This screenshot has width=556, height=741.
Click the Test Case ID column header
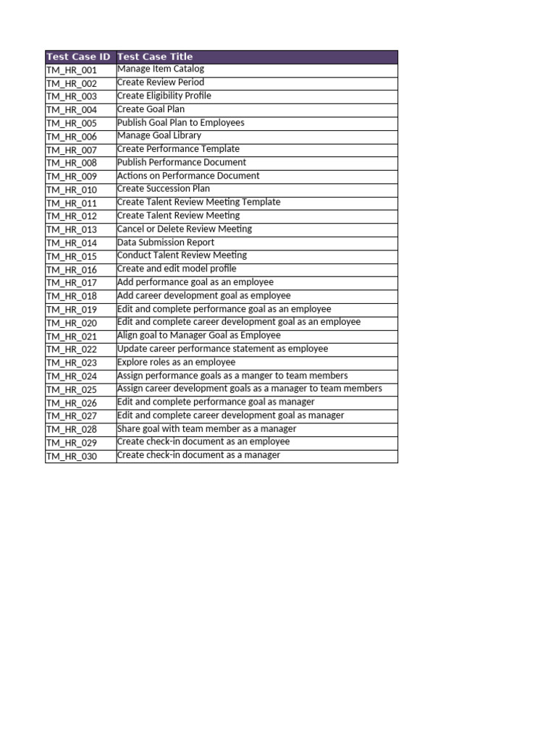click(x=78, y=56)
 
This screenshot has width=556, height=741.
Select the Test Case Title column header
click(x=155, y=56)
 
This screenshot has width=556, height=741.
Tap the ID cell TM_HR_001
click(x=71, y=70)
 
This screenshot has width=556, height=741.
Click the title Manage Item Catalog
click(x=161, y=69)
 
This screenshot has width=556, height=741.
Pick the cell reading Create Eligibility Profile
click(x=164, y=96)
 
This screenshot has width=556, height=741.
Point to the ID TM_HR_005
click(x=71, y=124)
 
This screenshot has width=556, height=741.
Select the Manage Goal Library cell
click(x=159, y=135)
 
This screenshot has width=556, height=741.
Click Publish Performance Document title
click(x=182, y=162)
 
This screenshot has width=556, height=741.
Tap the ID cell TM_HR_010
click(x=71, y=190)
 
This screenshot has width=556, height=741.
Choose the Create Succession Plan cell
click(x=164, y=189)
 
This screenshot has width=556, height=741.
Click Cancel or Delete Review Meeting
click(x=185, y=229)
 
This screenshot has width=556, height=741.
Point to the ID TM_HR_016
click(x=71, y=270)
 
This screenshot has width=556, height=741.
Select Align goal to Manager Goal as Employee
click(x=199, y=336)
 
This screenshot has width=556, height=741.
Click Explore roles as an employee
click(x=176, y=363)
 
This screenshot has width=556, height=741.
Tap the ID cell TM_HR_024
click(x=71, y=376)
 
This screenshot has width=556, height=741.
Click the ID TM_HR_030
click(x=71, y=457)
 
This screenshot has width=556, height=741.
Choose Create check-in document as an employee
click(x=203, y=441)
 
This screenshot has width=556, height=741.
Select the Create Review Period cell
click(x=161, y=82)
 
